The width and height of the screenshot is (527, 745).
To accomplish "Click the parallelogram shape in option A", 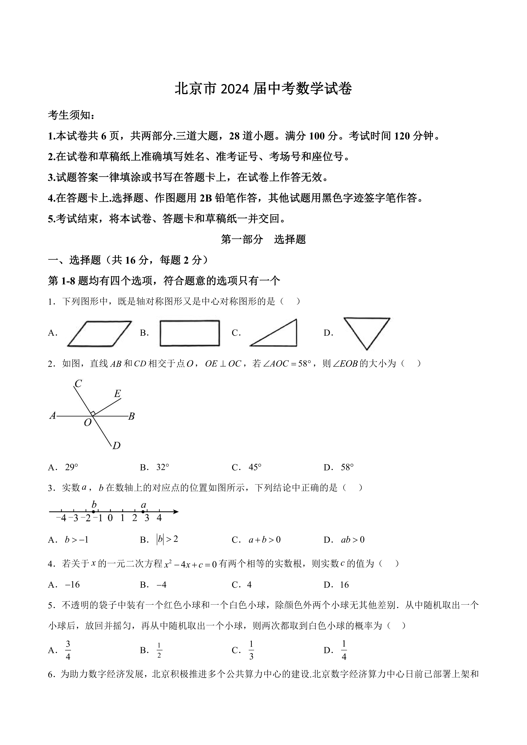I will [99, 334].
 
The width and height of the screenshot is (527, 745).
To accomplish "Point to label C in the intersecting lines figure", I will [78, 384].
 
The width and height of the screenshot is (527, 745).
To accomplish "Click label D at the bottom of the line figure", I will [116, 446].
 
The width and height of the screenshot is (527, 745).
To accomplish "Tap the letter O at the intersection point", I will [88, 423].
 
